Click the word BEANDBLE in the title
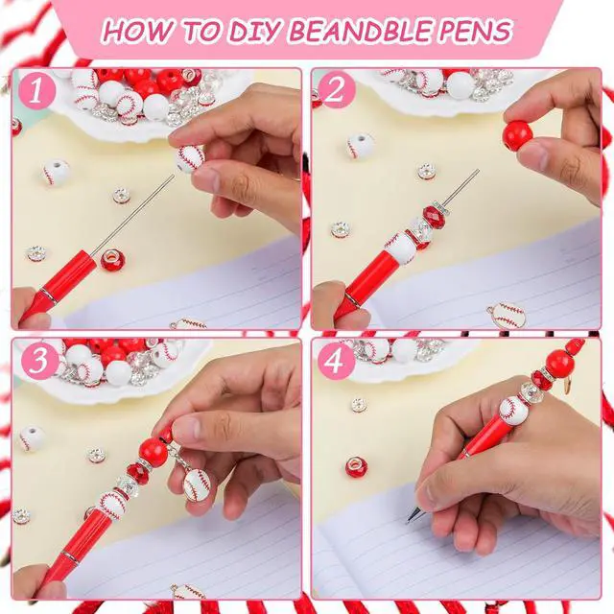pos(361,30)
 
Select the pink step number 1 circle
pos(36,92)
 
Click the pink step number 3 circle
pos(38,361)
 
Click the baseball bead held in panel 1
pos(190,158)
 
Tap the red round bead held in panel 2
pos(518,136)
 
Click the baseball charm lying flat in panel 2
pos(507,316)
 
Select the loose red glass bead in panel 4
pos(356,467)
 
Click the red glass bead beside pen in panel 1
pos(113,260)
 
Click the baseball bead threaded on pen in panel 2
pos(400,248)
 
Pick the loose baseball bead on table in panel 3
pos(32,437)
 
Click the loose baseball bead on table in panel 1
pos(56,173)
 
